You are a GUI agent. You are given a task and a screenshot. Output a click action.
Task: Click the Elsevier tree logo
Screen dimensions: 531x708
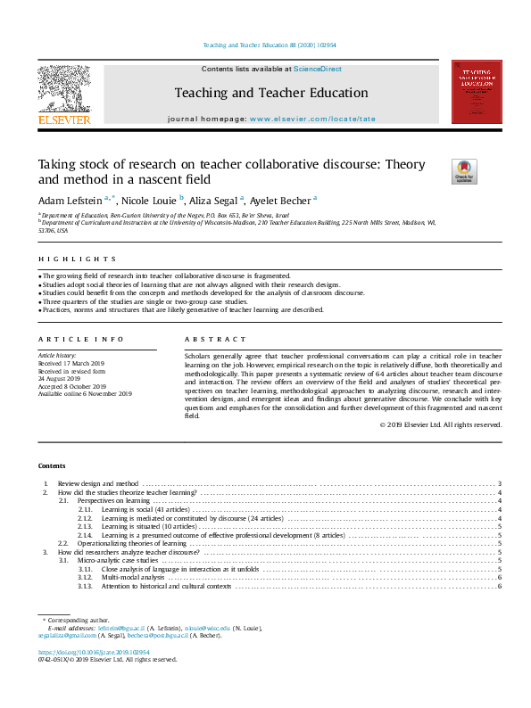coord(63,88)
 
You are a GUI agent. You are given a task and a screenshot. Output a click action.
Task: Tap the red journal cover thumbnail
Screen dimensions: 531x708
coord(476,92)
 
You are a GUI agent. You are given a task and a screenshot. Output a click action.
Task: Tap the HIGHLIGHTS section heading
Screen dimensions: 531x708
coord(58,259)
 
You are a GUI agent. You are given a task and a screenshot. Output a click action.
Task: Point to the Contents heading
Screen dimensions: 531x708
coord(51,465)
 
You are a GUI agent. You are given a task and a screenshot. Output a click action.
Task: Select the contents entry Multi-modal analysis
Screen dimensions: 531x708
coord(134,578)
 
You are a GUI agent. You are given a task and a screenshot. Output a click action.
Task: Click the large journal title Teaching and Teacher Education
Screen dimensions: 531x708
coord(270,93)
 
